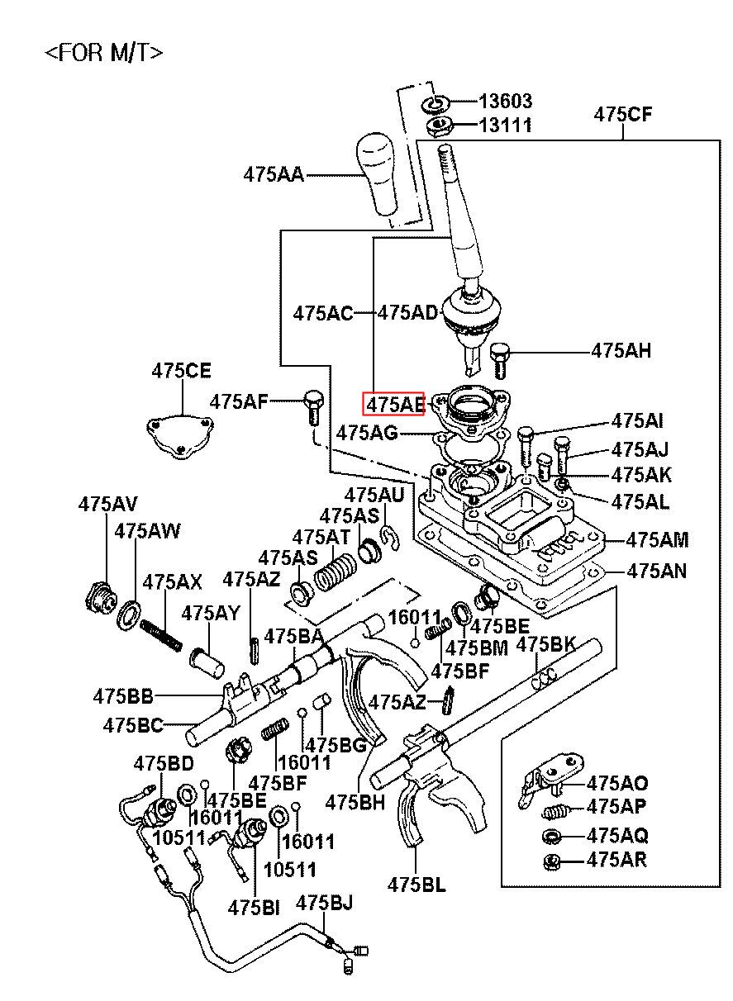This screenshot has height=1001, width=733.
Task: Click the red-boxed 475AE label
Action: tap(394, 404)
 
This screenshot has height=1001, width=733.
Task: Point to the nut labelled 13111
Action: tap(437, 126)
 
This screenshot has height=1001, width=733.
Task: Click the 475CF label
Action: tap(622, 115)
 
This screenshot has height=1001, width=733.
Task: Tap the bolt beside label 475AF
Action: tap(312, 405)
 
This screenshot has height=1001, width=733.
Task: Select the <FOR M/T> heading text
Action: tap(103, 53)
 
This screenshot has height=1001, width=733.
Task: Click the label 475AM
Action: tap(657, 540)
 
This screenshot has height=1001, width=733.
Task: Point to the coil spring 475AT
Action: tap(336, 570)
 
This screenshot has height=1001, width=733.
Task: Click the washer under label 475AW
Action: tap(130, 614)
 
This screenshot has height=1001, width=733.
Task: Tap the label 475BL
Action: tap(416, 885)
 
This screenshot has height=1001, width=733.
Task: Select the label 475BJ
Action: tap(325, 903)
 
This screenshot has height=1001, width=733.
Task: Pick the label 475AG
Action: tap(368, 432)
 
